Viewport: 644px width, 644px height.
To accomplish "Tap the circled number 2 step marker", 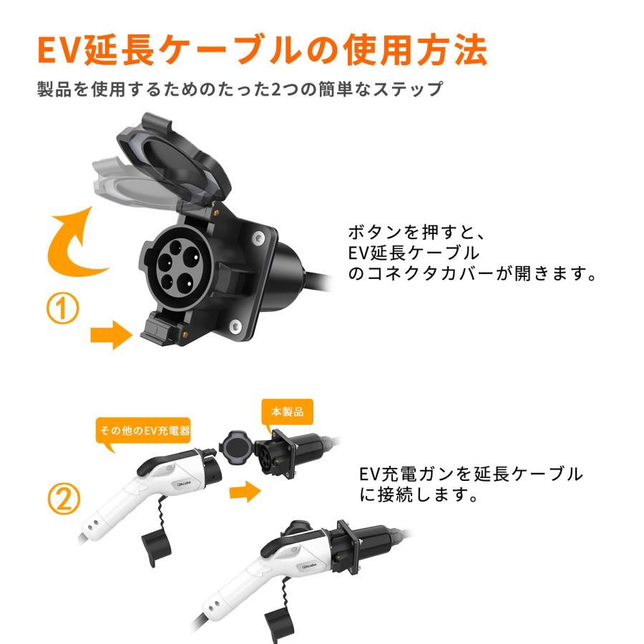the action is pos(64,499).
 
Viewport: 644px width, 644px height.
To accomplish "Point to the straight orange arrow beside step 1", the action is pos(111,334).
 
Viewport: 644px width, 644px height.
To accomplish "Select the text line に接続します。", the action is pos(419,495).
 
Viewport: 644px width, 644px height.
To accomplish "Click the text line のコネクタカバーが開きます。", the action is pos(472,274).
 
